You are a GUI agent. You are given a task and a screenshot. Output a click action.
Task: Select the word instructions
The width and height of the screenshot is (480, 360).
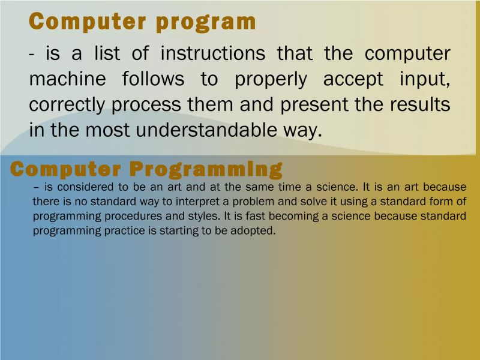(213, 53)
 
